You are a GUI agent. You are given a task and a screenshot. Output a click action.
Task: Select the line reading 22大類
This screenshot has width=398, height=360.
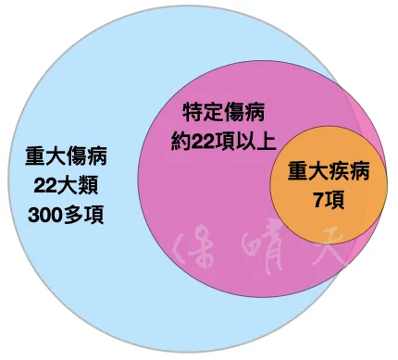coord(65,187)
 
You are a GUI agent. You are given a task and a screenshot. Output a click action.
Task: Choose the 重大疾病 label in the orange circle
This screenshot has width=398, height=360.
coord(327,172)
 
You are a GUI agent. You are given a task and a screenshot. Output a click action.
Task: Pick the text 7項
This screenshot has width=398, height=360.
coord(327,199)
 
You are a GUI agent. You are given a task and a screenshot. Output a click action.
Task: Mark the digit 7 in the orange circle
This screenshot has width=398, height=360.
coord(317,199)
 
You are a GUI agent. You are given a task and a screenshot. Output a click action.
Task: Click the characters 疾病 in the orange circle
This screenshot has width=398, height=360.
coord(349,172)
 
